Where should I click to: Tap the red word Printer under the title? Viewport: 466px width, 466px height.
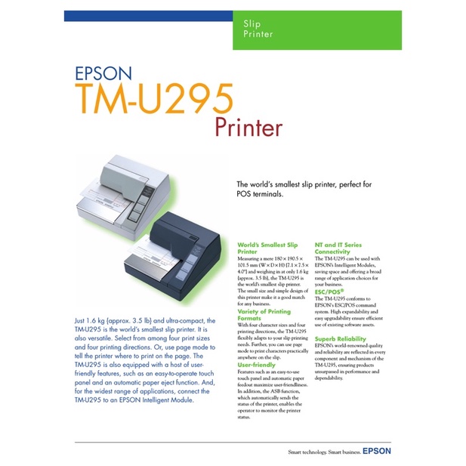(248, 126)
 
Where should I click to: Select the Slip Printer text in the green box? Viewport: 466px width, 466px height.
(254, 29)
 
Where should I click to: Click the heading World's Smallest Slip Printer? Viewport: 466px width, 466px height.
(267, 248)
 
